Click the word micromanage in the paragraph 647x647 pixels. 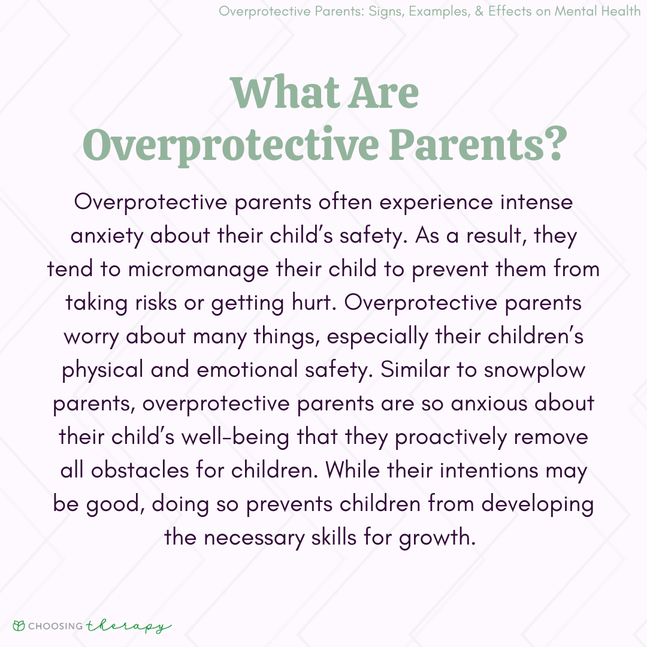click(x=198, y=270)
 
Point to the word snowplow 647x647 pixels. click(x=534, y=370)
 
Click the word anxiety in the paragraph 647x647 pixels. click(x=107, y=237)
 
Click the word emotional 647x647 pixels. click(x=247, y=369)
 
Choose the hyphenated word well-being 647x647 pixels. click(x=235, y=437)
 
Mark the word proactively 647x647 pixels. click(x=451, y=437)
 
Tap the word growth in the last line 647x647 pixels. click(x=437, y=538)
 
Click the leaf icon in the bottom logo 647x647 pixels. click(x=19, y=625)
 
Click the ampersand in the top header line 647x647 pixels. click(x=479, y=11)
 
